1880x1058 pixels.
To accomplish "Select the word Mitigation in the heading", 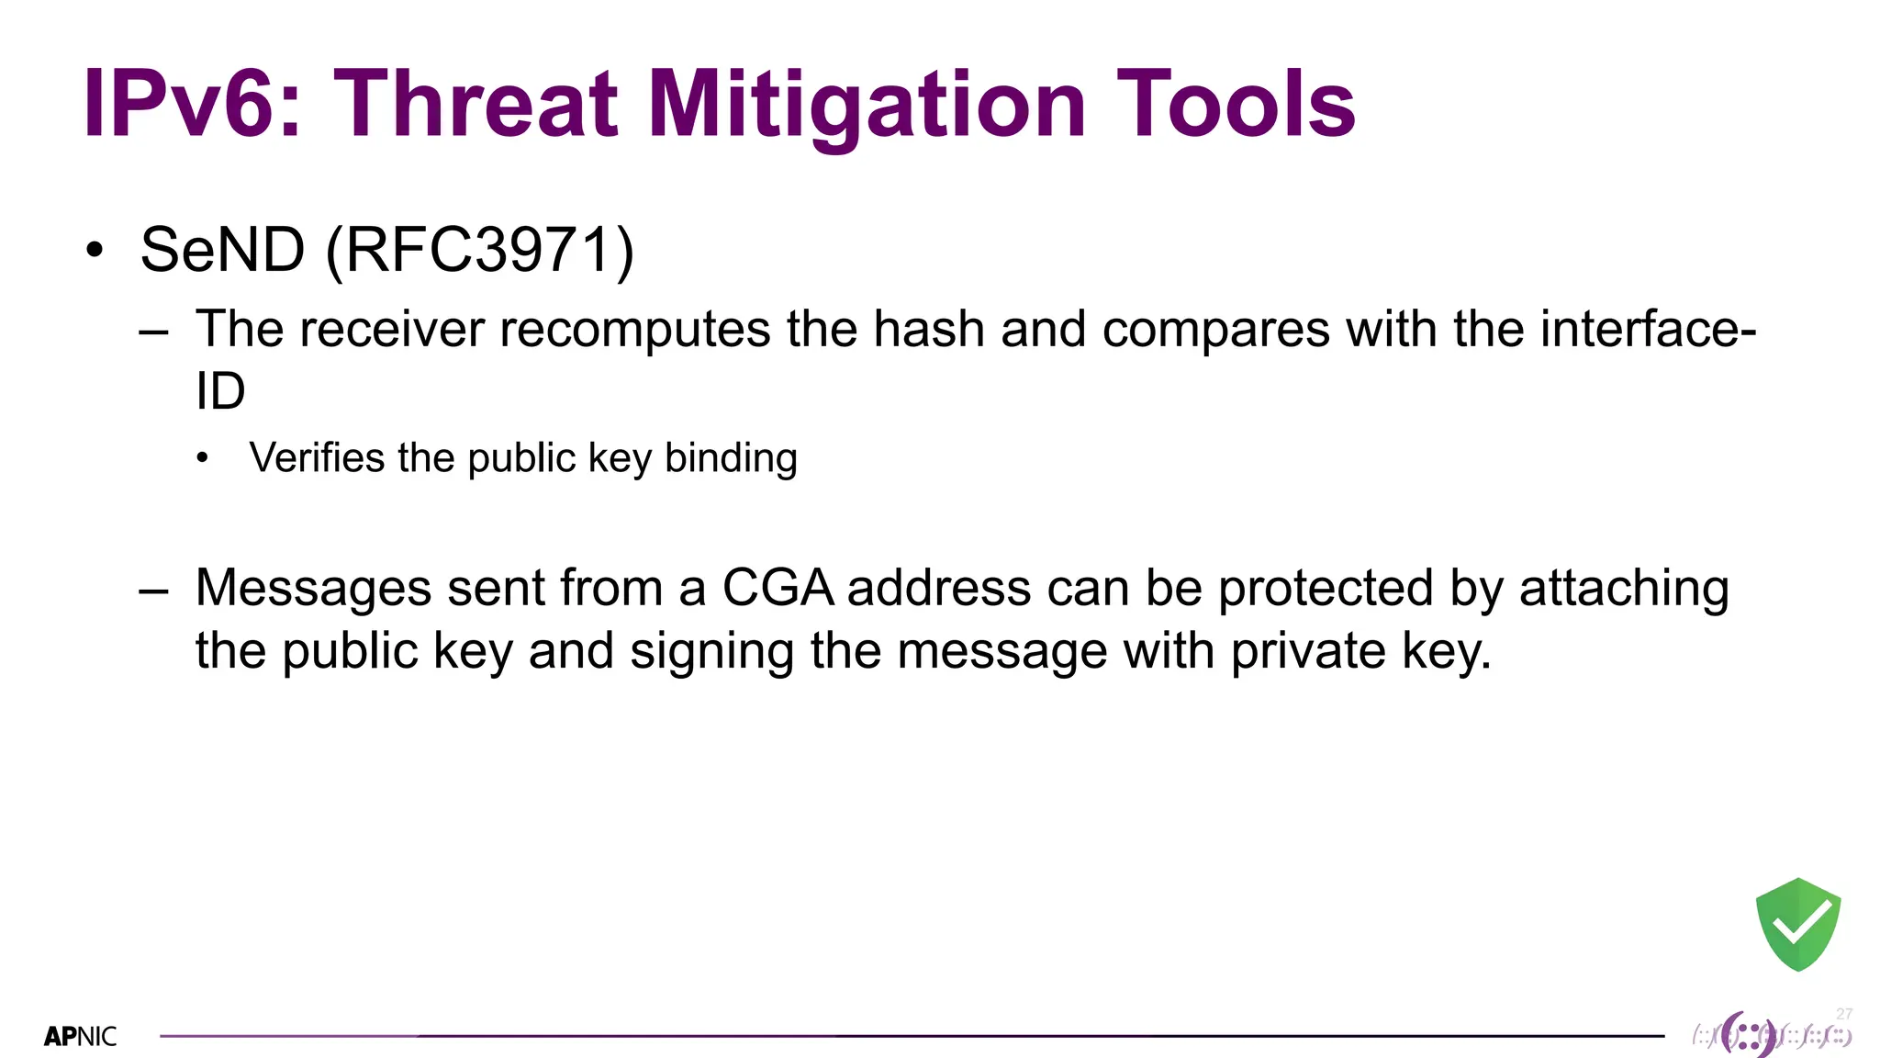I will pos(867,106).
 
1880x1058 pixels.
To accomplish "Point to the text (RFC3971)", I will pos(480,250).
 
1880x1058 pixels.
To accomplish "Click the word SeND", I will pos(222,250).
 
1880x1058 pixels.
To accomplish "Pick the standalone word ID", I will pos(220,391).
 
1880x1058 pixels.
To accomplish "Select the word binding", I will pos(731,457).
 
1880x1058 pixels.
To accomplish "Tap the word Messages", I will pos(313,588).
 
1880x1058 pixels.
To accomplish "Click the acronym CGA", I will pos(778,588).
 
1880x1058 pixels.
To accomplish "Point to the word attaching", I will pos(1624,588).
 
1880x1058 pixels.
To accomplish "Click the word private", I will pos(1308,651).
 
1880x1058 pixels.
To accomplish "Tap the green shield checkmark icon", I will pos(1797,924).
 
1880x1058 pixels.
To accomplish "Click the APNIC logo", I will pos(81,1037).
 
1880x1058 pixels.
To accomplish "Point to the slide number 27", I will pos(1844,1014).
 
